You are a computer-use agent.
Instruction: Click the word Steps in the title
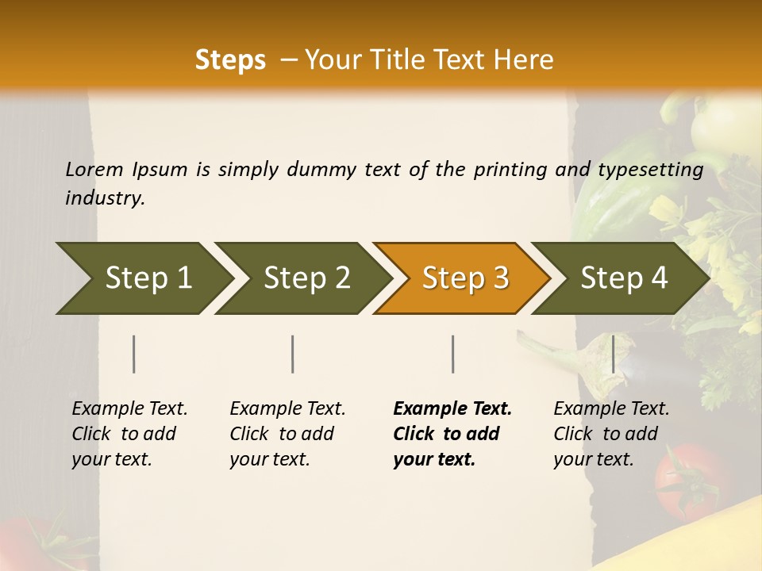tap(230, 60)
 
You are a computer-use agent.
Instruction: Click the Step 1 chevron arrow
tap(143, 278)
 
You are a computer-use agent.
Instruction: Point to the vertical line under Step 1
tap(134, 354)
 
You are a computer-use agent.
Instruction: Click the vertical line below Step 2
tap(293, 354)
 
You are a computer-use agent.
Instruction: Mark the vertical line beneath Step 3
tap(452, 354)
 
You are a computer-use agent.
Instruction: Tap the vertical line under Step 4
tap(613, 354)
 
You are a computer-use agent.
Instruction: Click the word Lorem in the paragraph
tap(94, 170)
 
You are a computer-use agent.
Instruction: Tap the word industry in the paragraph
tap(104, 198)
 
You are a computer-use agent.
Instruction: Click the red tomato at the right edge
tap(689, 481)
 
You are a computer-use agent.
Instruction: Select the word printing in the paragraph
tap(513, 170)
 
